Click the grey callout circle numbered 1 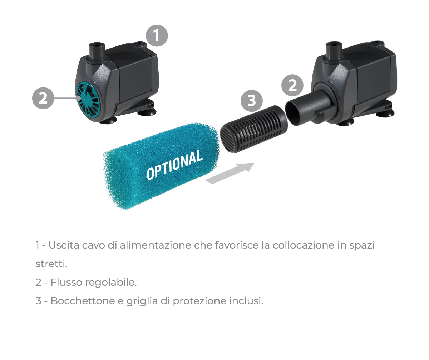[157, 35]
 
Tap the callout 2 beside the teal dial [43, 98]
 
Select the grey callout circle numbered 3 [251, 101]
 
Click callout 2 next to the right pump [292, 85]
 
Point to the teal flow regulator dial [89, 101]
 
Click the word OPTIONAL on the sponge [175, 165]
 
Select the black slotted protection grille [253, 129]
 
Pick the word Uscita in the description [64, 245]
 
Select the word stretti [51, 264]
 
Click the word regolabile [111, 283]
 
